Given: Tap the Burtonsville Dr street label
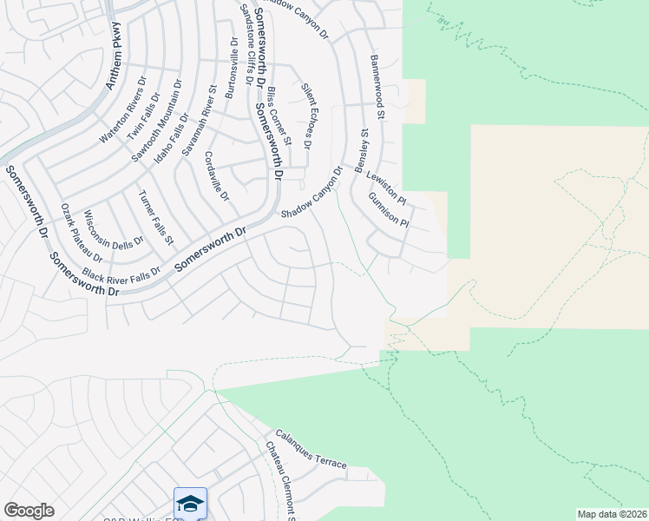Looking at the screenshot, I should pyautogui.click(x=230, y=68).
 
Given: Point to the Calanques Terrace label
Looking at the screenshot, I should pyautogui.click(x=311, y=450).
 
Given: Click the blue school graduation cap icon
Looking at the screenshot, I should pyautogui.click(x=190, y=503).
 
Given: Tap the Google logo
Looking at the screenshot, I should pyautogui.click(x=29, y=511).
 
